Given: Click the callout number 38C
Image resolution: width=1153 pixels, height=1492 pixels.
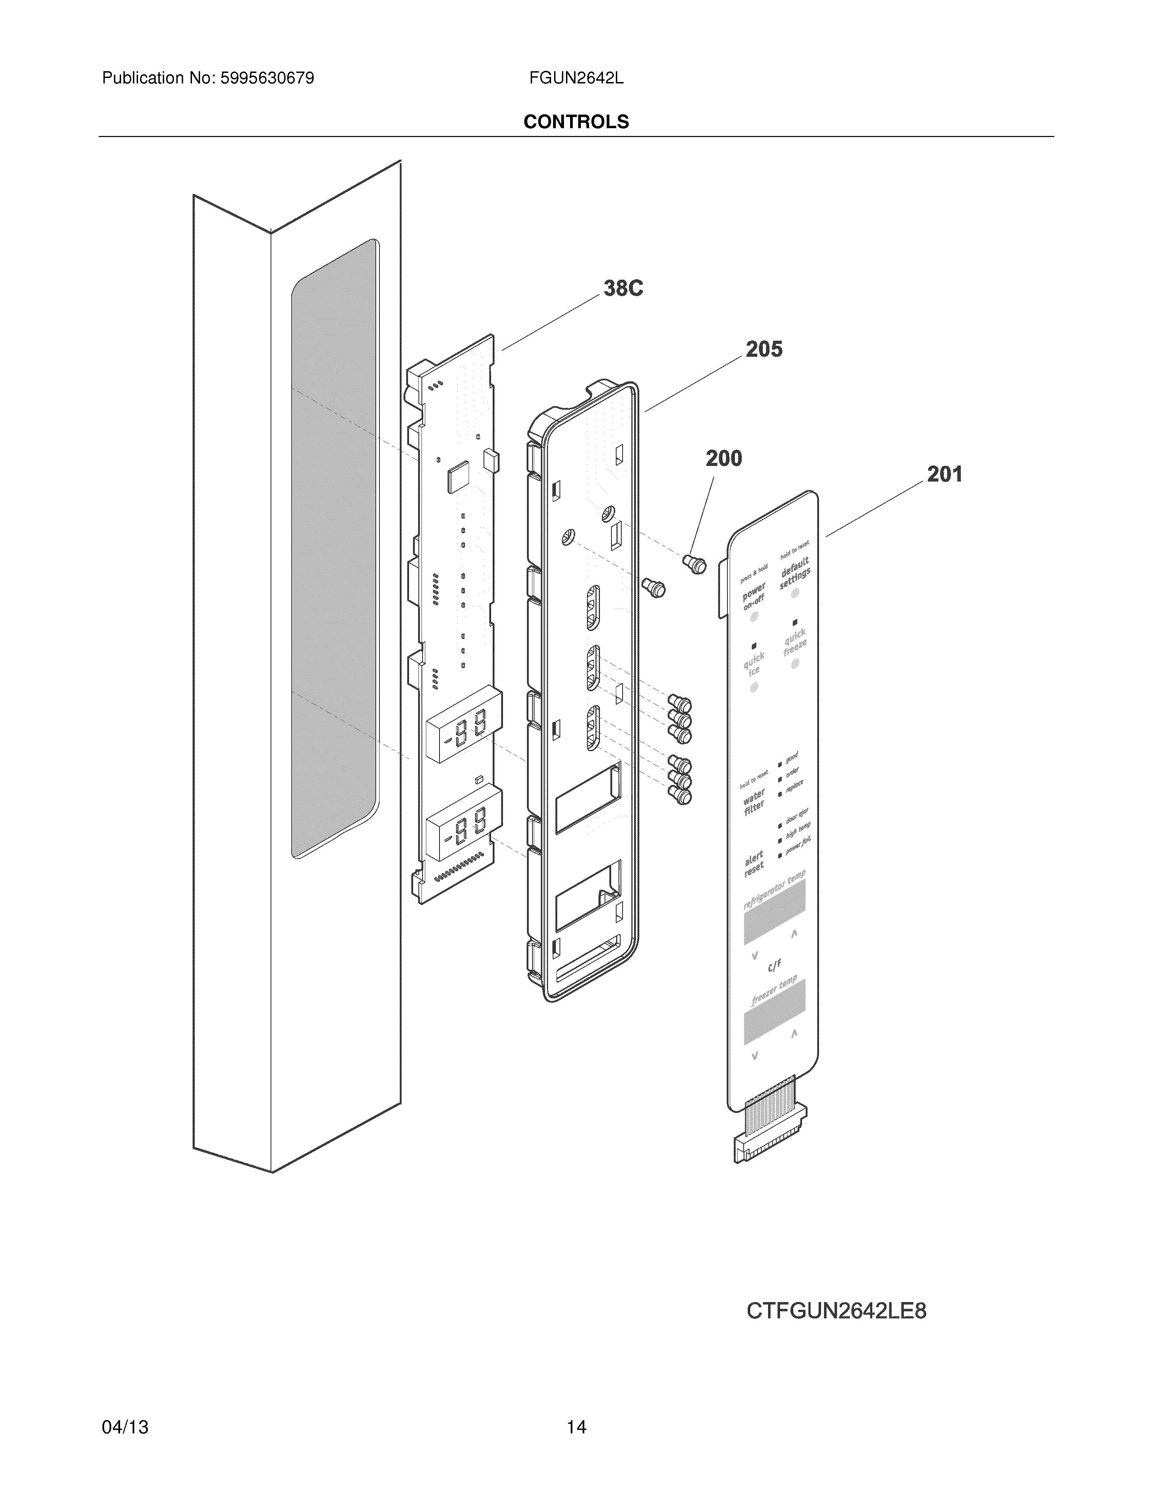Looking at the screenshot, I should [x=623, y=288].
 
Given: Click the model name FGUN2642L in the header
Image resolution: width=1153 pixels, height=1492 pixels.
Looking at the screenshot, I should [x=576, y=78].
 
